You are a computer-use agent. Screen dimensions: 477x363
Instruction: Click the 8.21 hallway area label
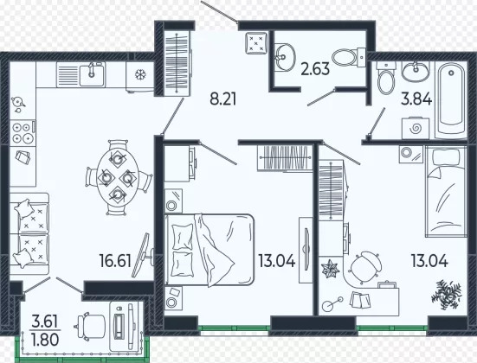(x=223, y=99)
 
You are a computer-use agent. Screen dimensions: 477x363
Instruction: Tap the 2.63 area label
(x=315, y=68)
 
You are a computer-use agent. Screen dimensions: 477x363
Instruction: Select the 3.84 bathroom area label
(x=416, y=99)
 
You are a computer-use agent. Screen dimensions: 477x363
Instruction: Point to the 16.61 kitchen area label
(x=115, y=261)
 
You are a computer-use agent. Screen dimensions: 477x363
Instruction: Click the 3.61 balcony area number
(x=45, y=322)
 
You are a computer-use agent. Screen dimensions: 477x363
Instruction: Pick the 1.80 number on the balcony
(x=45, y=340)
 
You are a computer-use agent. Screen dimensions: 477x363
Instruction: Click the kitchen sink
(x=92, y=74)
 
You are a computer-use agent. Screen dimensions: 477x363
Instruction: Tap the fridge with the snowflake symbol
(x=140, y=77)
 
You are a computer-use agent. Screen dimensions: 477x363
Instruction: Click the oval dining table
(x=118, y=177)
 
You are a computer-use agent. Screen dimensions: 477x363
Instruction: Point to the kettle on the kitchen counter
(x=18, y=104)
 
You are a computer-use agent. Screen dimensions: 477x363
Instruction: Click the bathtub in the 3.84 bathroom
(x=451, y=99)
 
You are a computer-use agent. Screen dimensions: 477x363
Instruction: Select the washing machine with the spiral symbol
(x=415, y=128)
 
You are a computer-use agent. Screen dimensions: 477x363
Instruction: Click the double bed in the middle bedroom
(x=209, y=250)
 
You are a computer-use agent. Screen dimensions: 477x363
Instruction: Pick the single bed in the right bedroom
(x=446, y=191)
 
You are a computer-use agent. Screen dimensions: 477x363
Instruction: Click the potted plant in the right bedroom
(x=446, y=294)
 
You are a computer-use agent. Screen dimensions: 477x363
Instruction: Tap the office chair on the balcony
(x=90, y=326)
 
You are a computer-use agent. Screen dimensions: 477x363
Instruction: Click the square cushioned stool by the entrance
(x=256, y=43)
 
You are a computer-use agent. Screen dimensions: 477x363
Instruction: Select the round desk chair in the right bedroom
(x=365, y=268)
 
